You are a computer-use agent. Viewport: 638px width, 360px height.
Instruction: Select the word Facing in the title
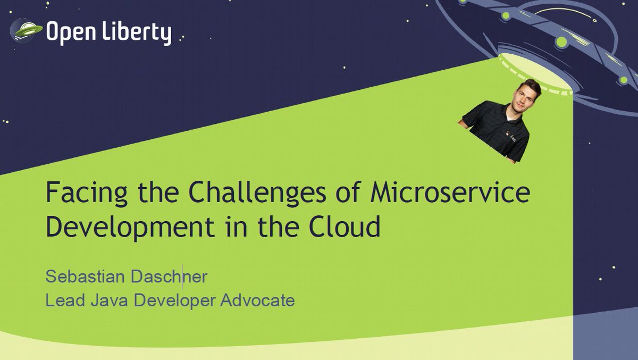pos(81,194)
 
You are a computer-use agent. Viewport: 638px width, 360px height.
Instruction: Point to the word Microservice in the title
pos(449,192)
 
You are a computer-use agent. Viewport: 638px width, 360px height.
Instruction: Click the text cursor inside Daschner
pos(182,277)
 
